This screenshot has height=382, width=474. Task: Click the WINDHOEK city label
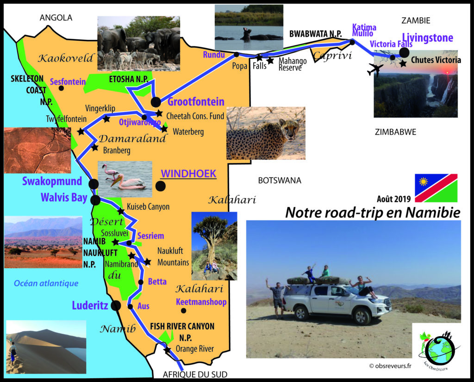[189, 174]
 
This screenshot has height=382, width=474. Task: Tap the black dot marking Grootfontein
[156, 102]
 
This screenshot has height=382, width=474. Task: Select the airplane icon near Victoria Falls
[375, 69]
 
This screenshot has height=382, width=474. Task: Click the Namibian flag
[436, 188]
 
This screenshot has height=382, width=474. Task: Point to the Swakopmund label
[52, 181]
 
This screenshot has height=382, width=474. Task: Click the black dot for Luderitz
[116, 306]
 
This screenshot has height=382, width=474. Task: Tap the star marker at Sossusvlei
[115, 242]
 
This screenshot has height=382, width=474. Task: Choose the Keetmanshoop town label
[201, 302]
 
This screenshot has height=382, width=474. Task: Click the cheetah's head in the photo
[290, 129]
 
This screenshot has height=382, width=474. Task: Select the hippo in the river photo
[247, 34]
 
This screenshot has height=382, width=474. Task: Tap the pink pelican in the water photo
[129, 182]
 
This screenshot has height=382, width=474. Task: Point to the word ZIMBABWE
[395, 132]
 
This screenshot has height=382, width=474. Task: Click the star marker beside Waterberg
[164, 129]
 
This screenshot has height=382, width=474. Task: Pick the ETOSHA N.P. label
[129, 79]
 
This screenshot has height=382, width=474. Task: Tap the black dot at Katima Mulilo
[352, 42]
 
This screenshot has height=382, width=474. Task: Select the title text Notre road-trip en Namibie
[373, 213]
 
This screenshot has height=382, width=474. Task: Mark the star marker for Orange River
[167, 350]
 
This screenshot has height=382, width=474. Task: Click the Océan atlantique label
[46, 283]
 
